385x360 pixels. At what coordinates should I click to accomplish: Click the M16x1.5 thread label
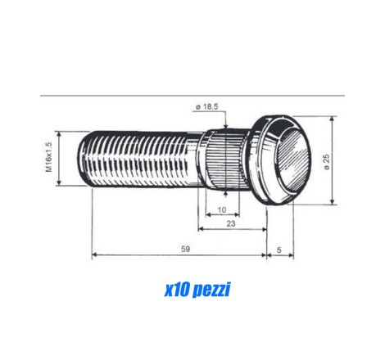click(x=49, y=157)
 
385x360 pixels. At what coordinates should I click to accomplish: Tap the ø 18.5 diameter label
click(x=207, y=107)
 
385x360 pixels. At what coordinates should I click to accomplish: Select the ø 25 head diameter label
click(x=327, y=162)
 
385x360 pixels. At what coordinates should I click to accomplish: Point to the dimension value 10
click(x=222, y=209)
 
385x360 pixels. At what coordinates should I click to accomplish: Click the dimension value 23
click(x=231, y=223)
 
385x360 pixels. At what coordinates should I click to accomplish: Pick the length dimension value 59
click(x=185, y=249)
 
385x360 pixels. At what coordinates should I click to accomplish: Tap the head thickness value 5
click(x=279, y=250)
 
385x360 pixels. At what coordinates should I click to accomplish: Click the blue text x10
click(x=177, y=290)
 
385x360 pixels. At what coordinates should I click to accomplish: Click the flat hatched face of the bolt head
click(x=294, y=160)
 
